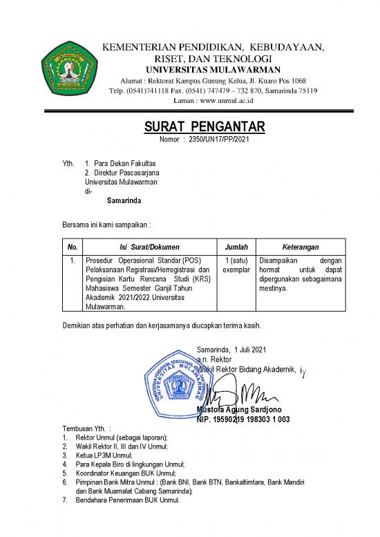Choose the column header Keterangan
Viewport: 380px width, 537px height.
pyautogui.click(x=300, y=246)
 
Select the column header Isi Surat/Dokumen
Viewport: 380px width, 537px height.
pyautogui.click(x=149, y=246)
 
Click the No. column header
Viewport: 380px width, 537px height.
pyautogui.click(x=73, y=246)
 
